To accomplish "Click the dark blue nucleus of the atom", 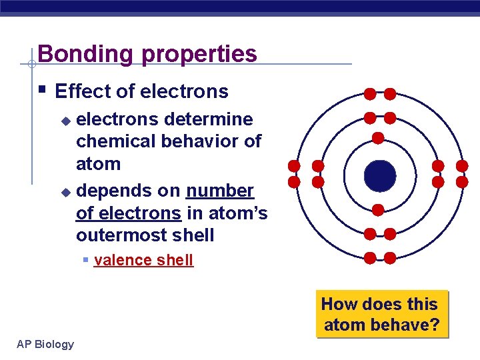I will click(379, 175).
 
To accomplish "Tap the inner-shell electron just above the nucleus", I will click(378, 139).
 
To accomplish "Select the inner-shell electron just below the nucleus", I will click(378, 210).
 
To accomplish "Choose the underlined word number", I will click(220, 191).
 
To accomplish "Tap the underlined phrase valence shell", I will click(143, 260).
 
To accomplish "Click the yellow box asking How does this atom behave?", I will click(382, 315).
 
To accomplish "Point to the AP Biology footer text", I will click(45, 344).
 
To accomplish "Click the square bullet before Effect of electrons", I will click(42, 89).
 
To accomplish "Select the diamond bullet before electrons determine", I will click(65, 121).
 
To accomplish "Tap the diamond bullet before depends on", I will click(65, 192).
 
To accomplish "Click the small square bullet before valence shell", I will click(86, 259).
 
